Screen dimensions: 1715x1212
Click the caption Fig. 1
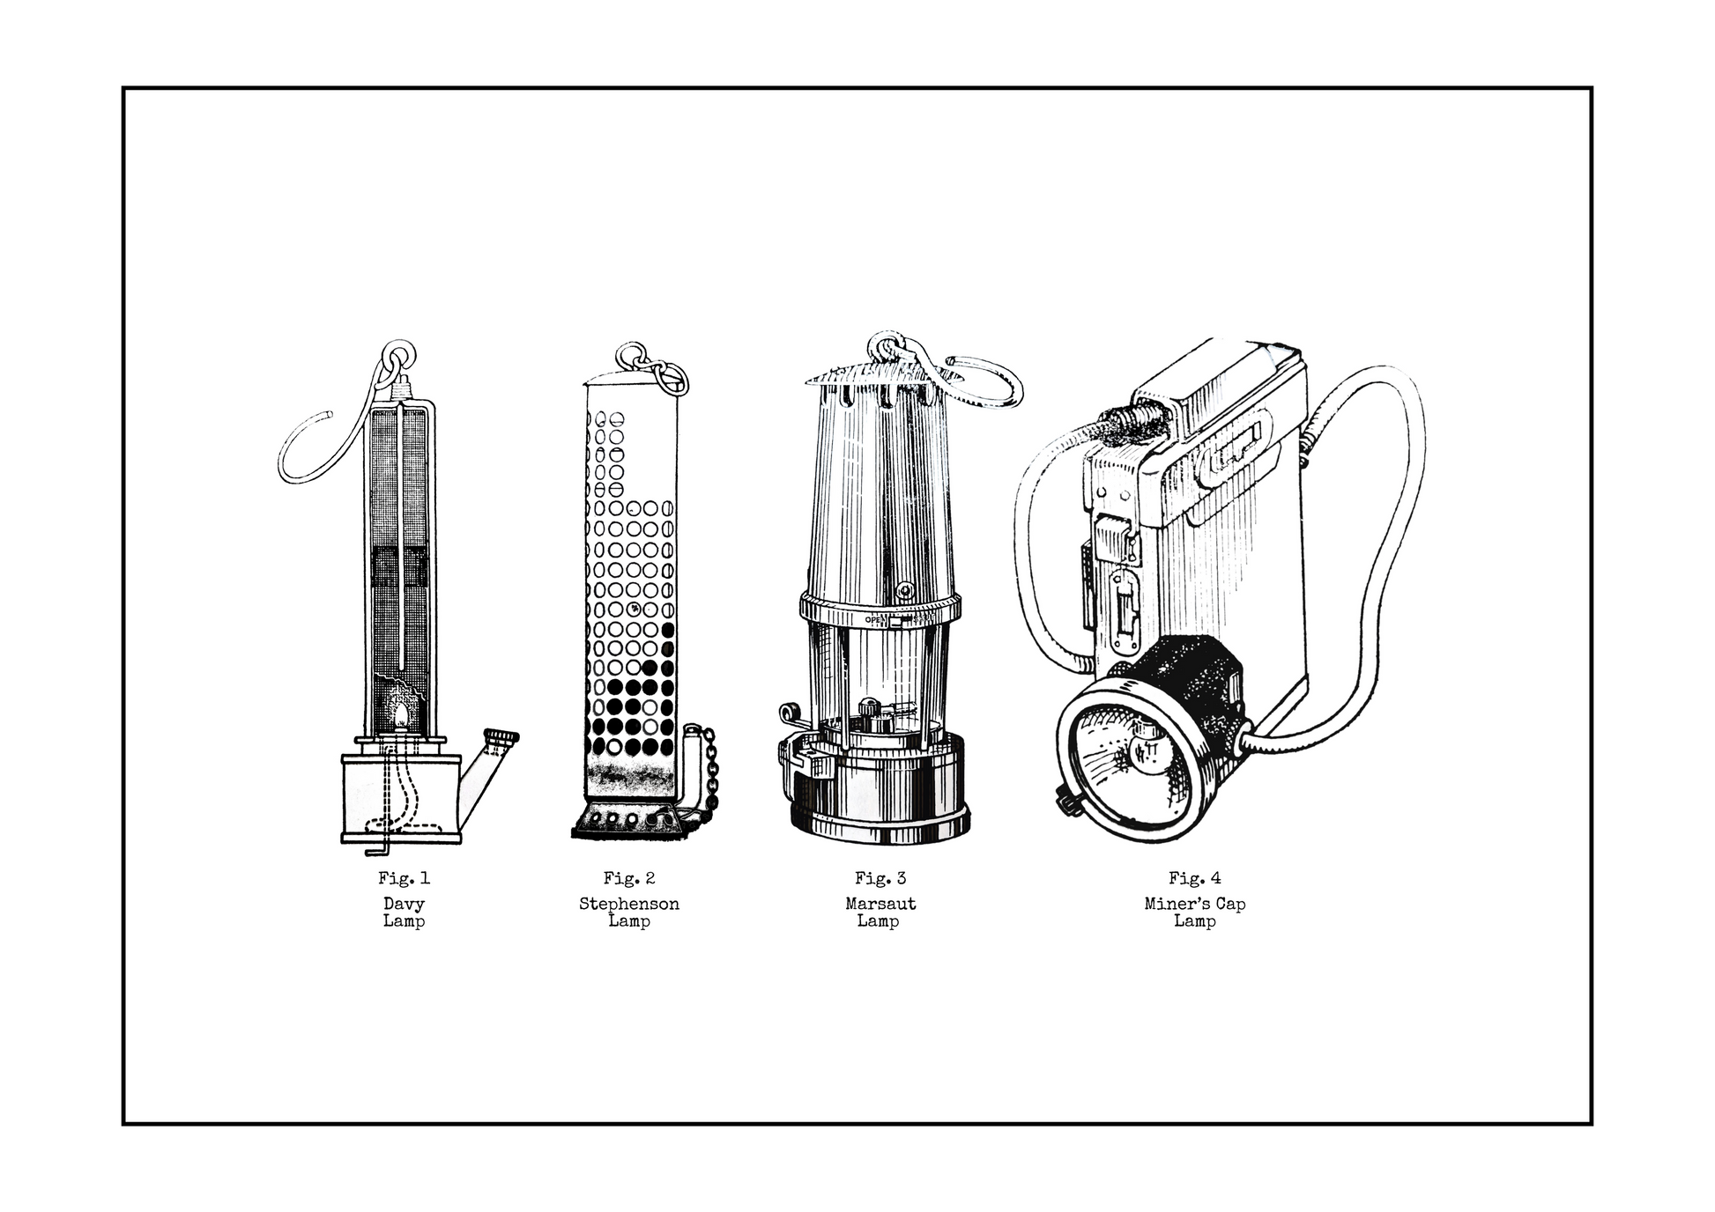click(404, 878)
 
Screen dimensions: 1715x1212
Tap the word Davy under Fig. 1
click(404, 904)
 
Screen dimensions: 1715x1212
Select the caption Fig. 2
click(629, 878)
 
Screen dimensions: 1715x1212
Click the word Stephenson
click(629, 904)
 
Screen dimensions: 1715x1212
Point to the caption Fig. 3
click(880, 878)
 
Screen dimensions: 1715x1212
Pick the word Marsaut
click(880, 904)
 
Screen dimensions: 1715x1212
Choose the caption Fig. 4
click(1195, 878)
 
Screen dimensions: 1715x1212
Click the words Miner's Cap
click(1195, 904)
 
